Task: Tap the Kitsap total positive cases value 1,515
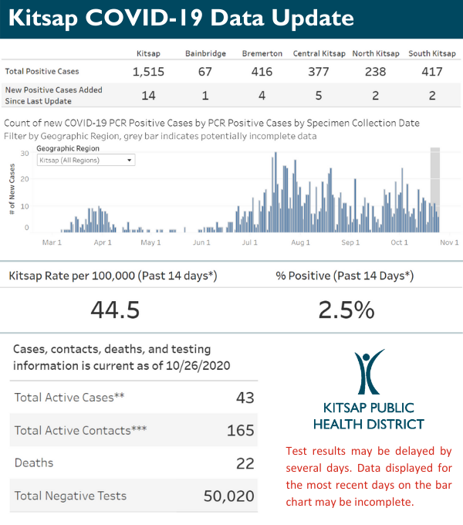click(147, 72)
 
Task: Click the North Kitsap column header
click(376, 53)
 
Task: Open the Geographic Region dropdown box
click(86, 160)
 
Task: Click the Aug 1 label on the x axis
click(300, 242)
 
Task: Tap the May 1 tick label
click(151, 242)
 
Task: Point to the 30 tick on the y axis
click(25, 154)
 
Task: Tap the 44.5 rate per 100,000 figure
click(115, 310)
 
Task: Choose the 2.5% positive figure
click(346, 310)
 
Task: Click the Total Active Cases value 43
click(245, 397)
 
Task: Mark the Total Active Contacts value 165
click(241, 430)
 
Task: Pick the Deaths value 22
click(245, 462)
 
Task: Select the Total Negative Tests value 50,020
click(228, 496)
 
